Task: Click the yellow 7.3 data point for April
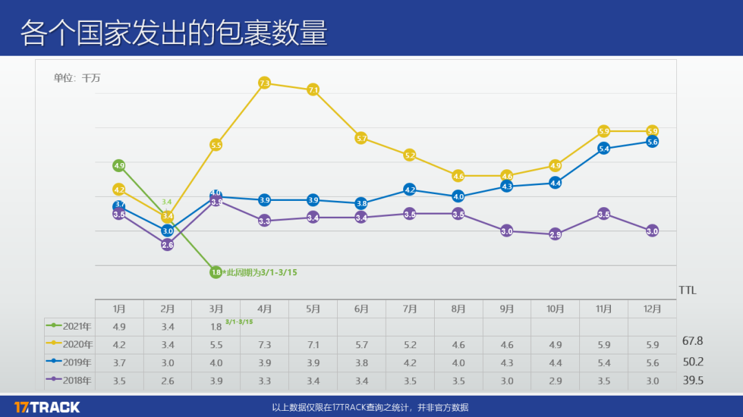coord(264,83)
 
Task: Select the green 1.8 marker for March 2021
coord(216,272)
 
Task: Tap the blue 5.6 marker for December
coord(652,142)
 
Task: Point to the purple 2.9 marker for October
coord(555,235)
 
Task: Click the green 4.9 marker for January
coord(119,166)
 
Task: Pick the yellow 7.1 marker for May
coord(313,89)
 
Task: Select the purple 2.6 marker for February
coord(167,245)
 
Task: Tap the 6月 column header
coord(361,309)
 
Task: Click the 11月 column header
coord(603,309)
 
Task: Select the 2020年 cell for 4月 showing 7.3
coord(264,345)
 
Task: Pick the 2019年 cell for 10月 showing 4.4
coord(555,363)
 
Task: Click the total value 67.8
coord(692,341)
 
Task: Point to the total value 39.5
coord(692,381)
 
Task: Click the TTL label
coord(687,290)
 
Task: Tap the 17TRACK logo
coord(47,407)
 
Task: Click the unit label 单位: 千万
coord(77,78)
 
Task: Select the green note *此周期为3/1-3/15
coord(260,272)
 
